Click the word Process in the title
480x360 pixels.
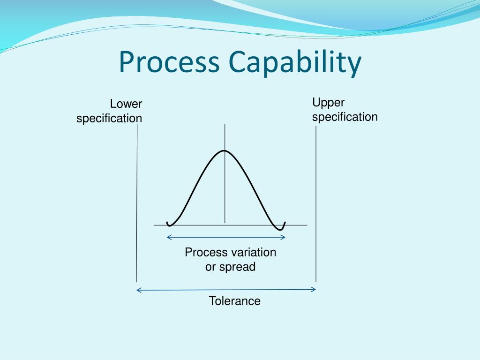tap(169, 63)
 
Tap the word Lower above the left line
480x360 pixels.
tap(126, 104)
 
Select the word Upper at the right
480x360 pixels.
tap(328, 103)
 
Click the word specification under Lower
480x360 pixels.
tap(109, 118)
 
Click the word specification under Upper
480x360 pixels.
tap(345, 117)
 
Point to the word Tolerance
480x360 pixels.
tap(234, 301)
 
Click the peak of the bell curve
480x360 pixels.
tap(225, 150)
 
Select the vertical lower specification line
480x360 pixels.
tap(137, 202)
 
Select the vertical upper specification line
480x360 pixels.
tap(316, 202)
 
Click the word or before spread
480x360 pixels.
tap(210, 267)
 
